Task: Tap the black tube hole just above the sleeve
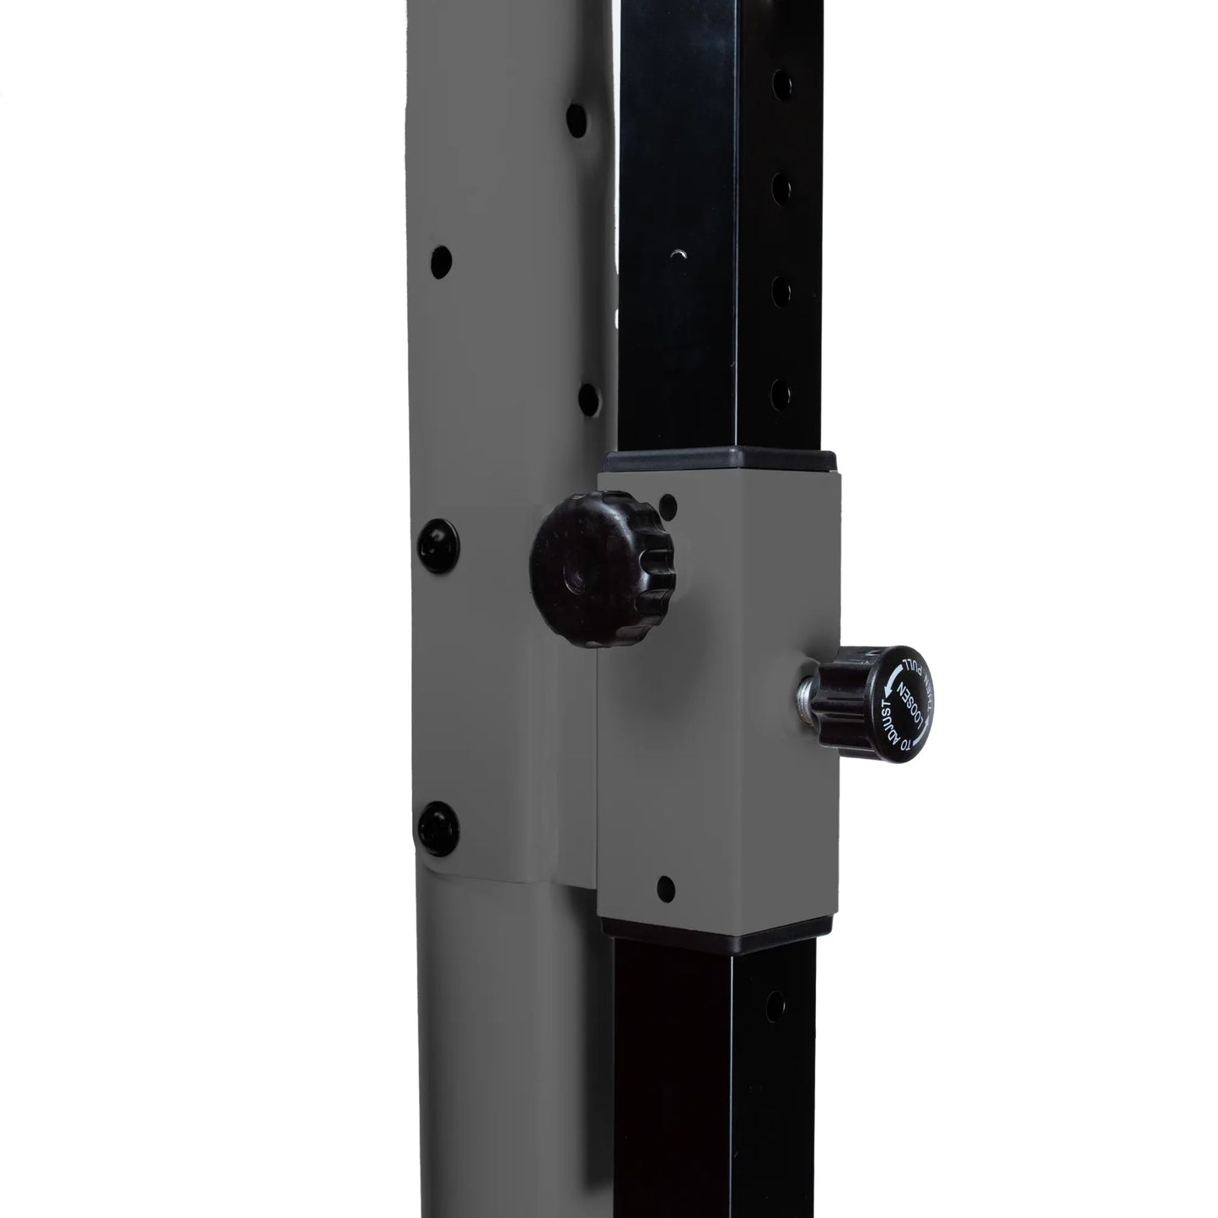click(781, 391)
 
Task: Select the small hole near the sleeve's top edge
click(671, 507)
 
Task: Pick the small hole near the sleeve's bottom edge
click(665, 886)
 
